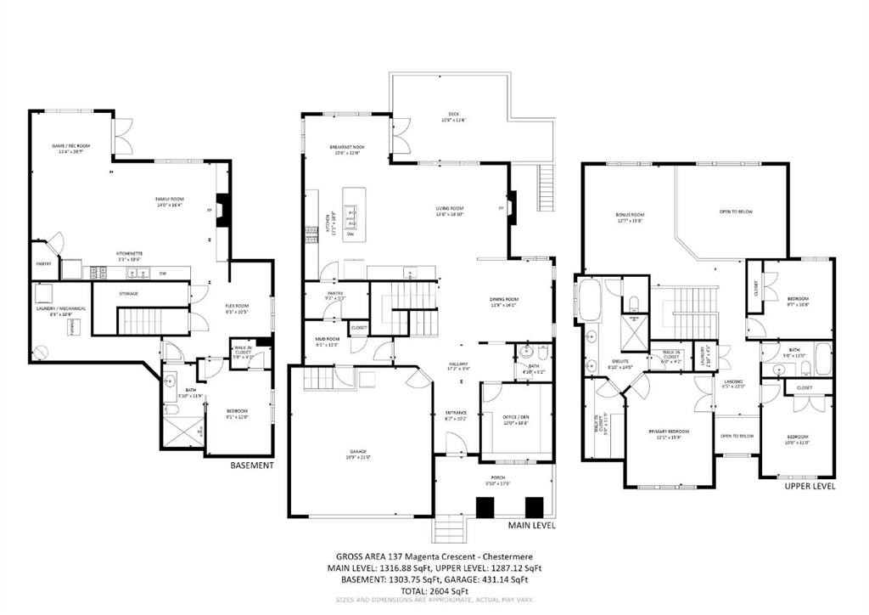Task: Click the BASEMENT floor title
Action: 253,465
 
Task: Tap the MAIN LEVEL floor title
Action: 532,526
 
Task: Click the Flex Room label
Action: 236,308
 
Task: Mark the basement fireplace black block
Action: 222,209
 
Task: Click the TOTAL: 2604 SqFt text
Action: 434,590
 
